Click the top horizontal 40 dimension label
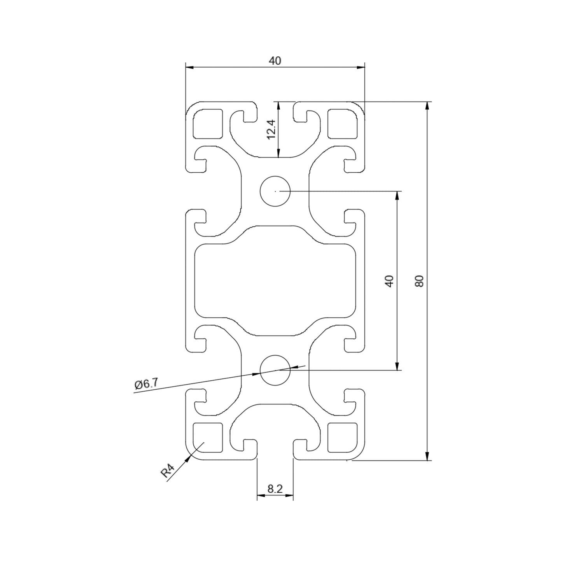pyautogui.click(x=275, y=61)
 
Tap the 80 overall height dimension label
pyautogui.click(x=419, y=281)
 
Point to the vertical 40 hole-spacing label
pyautogui.click(x=389, y=281)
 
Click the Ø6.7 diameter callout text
pyautogui.click(x=146, y=384)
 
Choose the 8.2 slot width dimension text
pyautogui.click(x=275, y=489)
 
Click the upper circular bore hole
pyautogui.click(x=275, y=191)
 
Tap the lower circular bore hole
pyautogui.click(x=275, y=370)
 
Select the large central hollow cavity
pyautogui.click(x=275, y=281)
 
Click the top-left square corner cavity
pyautogui.click(x=208, y=124)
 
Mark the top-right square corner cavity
pyautogui.click(x=343, y=124)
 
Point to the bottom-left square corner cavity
pyautogui.click(x=208, y=438)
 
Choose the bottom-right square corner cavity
pyautogui.click(x=343, y=438)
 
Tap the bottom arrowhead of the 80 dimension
pyautogui.click(x=427, y=456)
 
